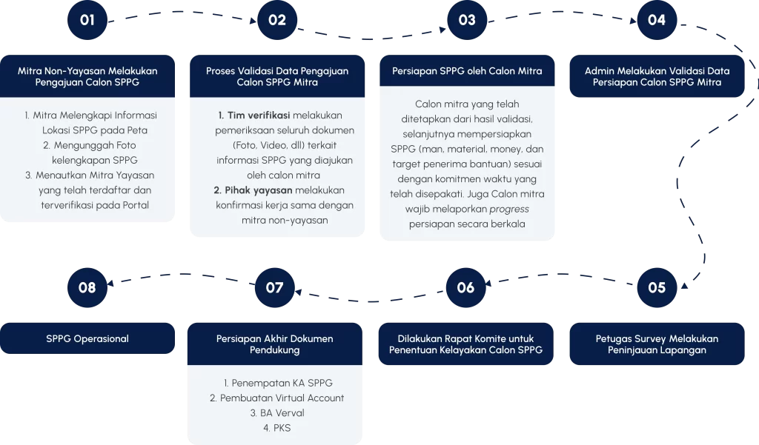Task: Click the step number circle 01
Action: pyautogui.click(x=87, y=20)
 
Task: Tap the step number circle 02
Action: pyautogui.click(x=277, y=20)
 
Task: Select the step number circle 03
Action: pyautogui.click(x=467, y=20)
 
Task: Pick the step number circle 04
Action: pyautogui.click(x=657, y=20)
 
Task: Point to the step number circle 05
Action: pyautogui.click(x=657, y=287)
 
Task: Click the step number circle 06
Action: pyautogui.click(x=465, y=287)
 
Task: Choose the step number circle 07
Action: pyautogui.click(x=275, y=287)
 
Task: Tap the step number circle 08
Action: pyautogui.click(x=87, y=287)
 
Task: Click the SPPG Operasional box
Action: pyautogui.click(x=87, y=338)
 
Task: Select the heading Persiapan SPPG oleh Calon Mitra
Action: pyautogui.click(x=467, y=71)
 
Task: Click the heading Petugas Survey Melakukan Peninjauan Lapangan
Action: pyautogui.click(x=657, y=344)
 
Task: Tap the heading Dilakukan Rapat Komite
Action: pyautogui.click(x=465, y=344)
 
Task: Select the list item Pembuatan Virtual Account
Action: pyautogui.click(x=277, y=398)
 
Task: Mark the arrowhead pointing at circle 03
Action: pyautogui.click(x=443, y=30)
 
